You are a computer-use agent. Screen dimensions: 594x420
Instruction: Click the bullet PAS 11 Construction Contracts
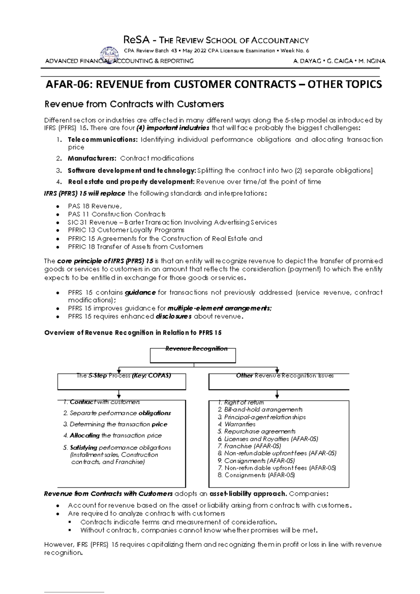coord(117,214)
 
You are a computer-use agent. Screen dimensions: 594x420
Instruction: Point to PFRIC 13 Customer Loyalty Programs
coord(126,230)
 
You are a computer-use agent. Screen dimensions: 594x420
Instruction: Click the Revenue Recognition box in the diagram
coord(193,355)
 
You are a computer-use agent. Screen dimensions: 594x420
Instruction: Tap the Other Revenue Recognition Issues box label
coord(285,376)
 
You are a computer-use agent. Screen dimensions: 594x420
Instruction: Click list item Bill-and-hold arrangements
coord(260,410)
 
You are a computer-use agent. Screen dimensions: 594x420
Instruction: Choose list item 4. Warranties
coord(237,424)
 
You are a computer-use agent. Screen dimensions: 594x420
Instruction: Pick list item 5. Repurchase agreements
coord(257,432)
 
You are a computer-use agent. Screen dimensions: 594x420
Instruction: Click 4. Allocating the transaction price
coord(112,436)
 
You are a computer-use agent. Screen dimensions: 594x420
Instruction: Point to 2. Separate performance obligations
coord(117,413)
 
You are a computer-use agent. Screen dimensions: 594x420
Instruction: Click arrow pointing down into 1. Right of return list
coord(277,395)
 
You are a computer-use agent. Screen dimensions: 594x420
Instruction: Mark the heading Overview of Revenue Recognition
coord(133,333)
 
